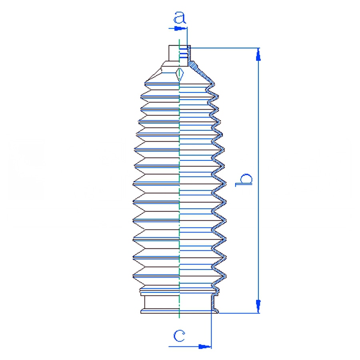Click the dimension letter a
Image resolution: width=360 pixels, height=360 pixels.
coord(180,18)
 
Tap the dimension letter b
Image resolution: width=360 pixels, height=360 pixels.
coord(244,180)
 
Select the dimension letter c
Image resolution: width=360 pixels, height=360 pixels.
coord(179,336)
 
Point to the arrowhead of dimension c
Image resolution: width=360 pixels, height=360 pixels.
coord(204,346)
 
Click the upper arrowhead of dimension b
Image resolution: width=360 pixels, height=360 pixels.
coord(258,55)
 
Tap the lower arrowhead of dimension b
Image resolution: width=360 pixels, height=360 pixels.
coord(258,306)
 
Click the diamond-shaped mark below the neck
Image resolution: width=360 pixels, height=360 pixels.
coord(180,74)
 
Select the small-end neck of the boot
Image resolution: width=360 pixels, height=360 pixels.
coord(180,53)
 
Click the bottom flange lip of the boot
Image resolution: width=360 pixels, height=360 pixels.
coord(180,311)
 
